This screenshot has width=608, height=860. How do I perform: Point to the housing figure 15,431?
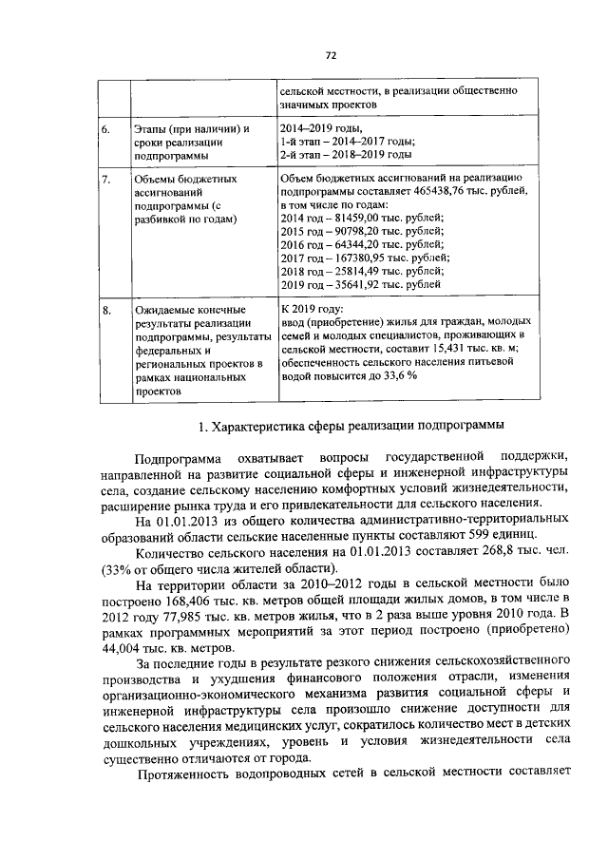tap(428, 350)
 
